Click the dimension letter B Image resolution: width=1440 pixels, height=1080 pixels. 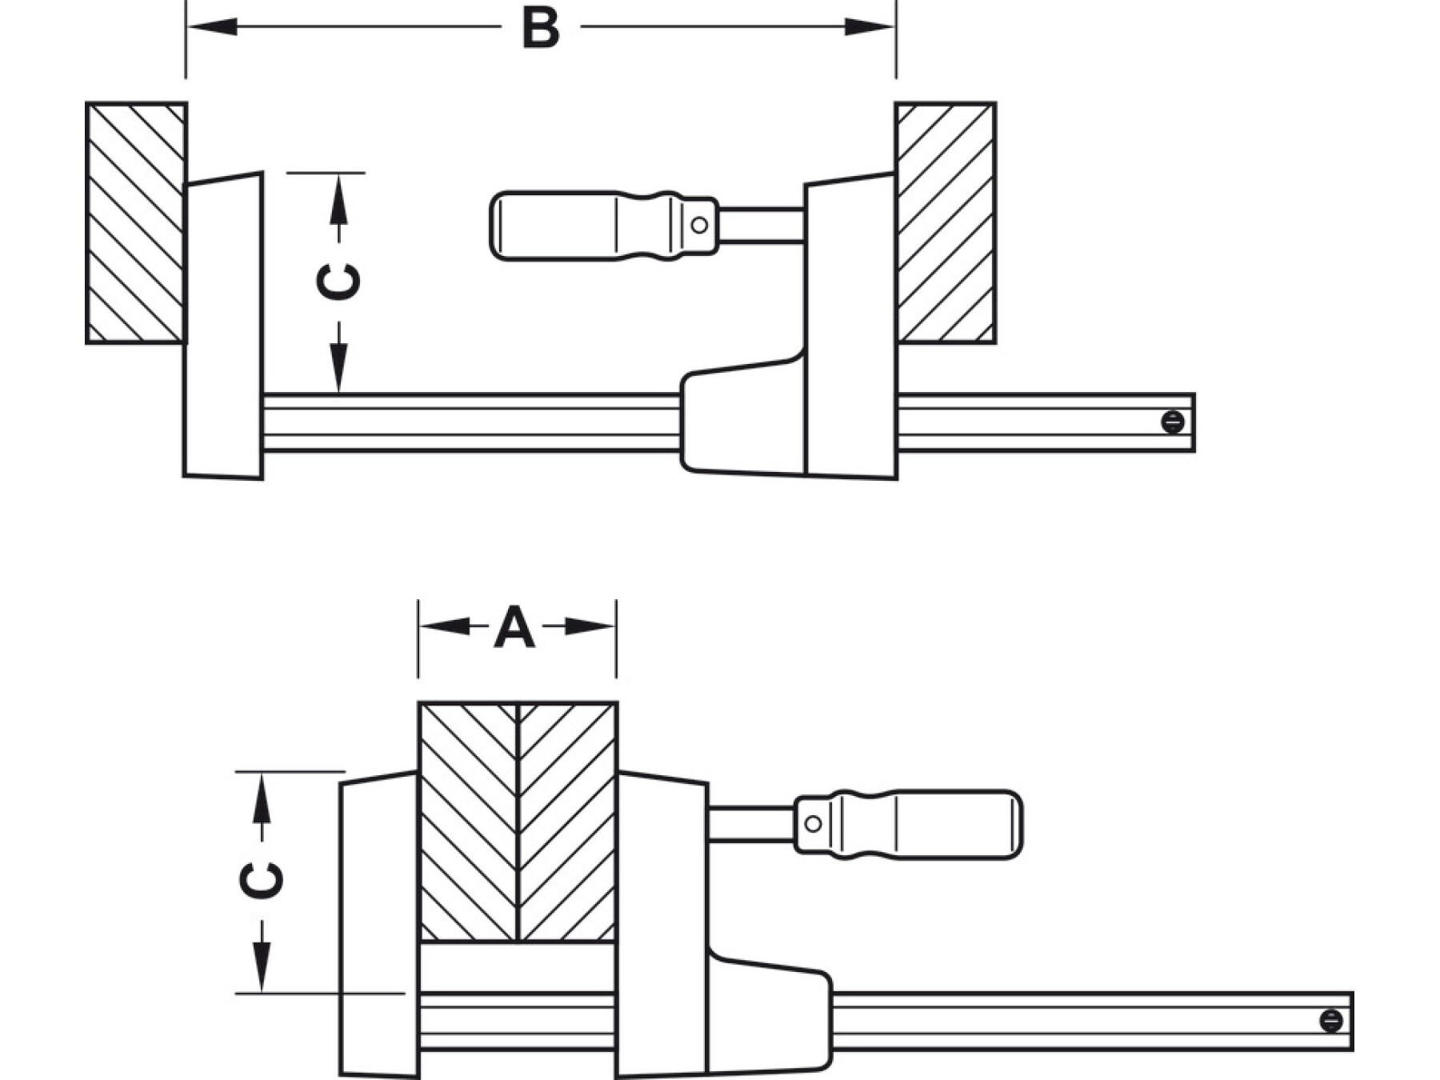tap(540, 28)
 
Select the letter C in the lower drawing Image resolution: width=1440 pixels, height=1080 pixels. tap(262, 880)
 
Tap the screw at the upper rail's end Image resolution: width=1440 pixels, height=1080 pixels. tap(1172, 422)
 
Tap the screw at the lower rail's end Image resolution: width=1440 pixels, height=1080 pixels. tap(1330, 1021)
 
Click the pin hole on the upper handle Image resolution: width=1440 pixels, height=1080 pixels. tap(699, 226)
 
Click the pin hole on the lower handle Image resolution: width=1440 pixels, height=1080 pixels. tap(813, 824)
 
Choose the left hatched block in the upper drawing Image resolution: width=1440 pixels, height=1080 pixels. tap(136, 223)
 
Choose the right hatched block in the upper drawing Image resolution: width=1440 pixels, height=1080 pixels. tap(946, 223)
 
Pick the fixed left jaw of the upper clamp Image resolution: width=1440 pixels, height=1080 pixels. tap(224, 326)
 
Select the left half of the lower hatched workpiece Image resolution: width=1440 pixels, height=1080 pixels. tap(469, 822)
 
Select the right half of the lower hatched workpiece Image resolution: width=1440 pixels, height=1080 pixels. tap(568, 822)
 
